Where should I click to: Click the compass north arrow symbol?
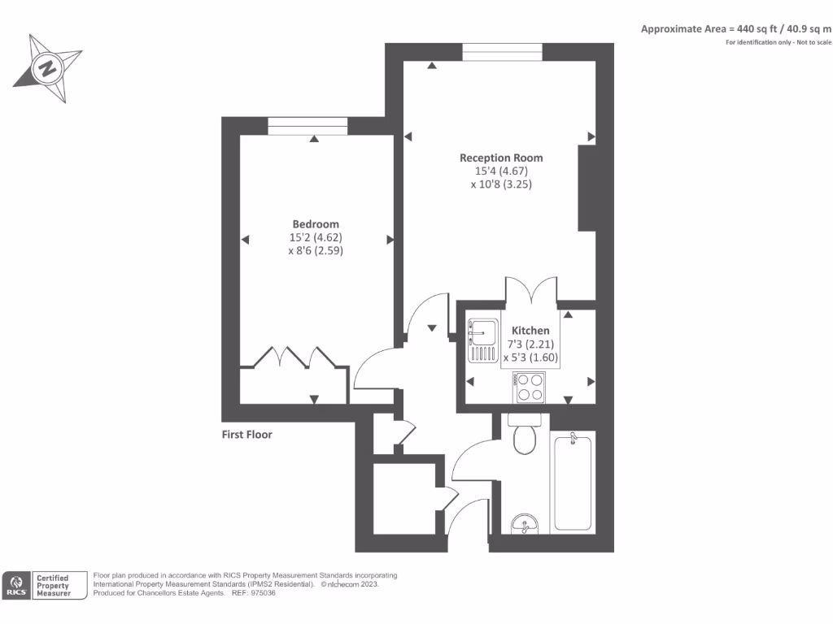coord(48,68)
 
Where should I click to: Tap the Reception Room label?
coord(501,158)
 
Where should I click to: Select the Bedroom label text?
coord(316,224)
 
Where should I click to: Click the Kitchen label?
coord(530,331)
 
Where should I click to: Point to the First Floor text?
coord(247,435)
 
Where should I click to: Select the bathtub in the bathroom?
coord(574,482)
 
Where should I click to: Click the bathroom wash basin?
coord(525,525)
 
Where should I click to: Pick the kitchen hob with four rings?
coord(530,387)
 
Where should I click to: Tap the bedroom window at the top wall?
coord(307,126)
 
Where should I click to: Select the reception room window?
coord(502,51)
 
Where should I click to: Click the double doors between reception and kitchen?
coord(530,292)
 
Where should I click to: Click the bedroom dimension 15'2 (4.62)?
coord(315,238)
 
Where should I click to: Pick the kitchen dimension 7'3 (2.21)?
coord(530,344)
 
